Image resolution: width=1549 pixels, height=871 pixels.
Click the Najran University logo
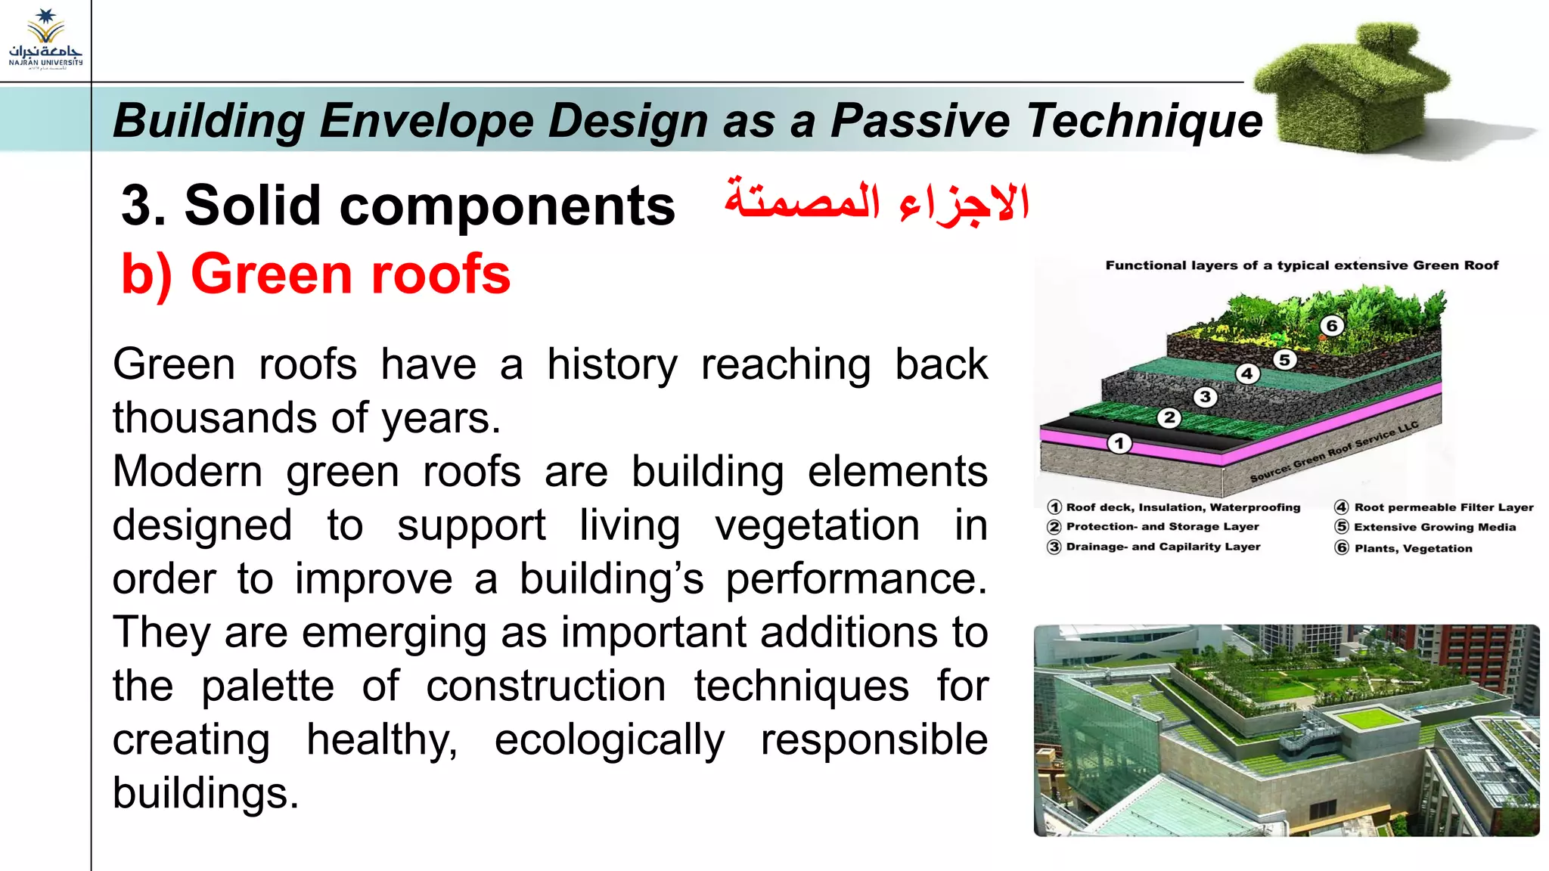click(45, 39)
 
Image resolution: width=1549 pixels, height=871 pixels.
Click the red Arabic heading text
click(877, 203)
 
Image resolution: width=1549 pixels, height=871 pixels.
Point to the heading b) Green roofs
click(315, 274)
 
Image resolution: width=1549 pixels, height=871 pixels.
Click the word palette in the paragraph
click(267, 687)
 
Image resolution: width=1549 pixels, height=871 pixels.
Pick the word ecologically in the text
click(609, 740)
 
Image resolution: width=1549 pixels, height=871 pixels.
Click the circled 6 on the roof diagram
click(1332, 326)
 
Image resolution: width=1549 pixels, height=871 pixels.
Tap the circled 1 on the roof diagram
click(1119, 443)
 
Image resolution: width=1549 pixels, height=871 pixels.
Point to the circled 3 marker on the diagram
click(1205, 397)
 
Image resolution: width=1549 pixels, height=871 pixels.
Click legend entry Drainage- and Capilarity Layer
click(1163, 547)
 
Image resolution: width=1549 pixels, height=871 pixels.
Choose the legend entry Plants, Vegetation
click(1412, 548)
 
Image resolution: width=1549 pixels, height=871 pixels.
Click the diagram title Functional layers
click(1301, 265)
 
